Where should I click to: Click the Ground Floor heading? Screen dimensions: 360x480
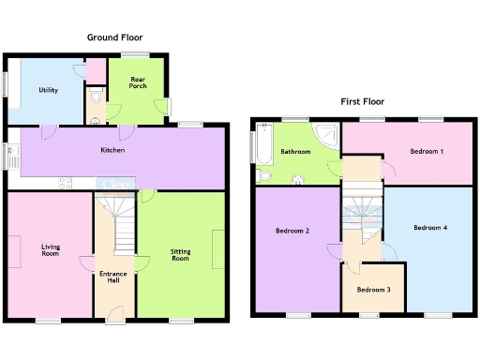(x=114, y=37)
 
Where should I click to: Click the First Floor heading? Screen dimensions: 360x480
(x=362, y=101)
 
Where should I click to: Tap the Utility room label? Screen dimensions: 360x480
(x=49, y=90)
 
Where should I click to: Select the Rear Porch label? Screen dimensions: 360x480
(x=137, y=83)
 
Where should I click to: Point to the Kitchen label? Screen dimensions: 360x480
(x=113, y=150)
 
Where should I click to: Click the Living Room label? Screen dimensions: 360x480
(x=50, y=250)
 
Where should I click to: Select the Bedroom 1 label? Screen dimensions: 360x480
(x=427, y=150)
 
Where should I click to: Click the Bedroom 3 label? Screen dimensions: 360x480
(x=373, y=289)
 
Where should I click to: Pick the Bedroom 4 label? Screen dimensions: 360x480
(x=430, y=227)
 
